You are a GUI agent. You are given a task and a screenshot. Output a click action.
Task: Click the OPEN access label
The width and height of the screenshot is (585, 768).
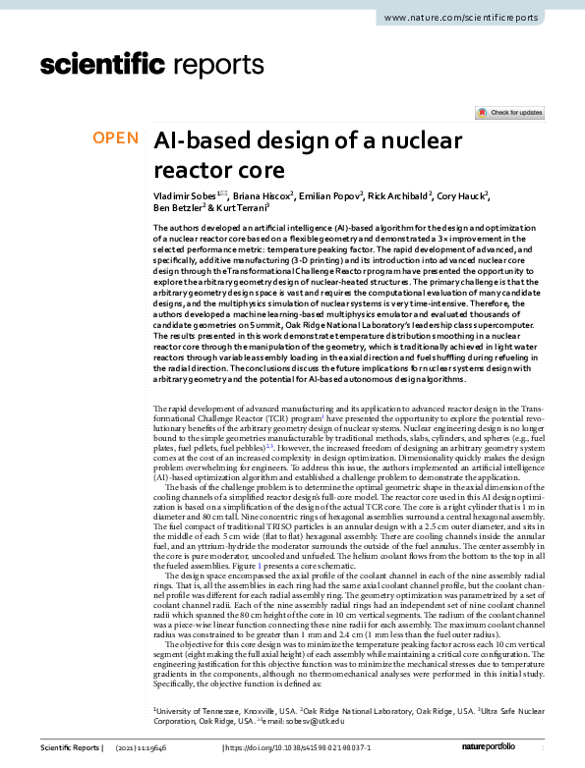click(x=115, y=138)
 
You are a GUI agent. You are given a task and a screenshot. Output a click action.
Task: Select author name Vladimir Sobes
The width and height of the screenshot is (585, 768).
click(x=188, y=196)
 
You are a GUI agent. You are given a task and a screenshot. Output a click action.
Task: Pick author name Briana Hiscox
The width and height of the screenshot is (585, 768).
click(x=262, y=196)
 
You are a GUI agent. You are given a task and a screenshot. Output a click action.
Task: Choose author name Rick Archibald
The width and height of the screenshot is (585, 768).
click(x=401, y=196)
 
